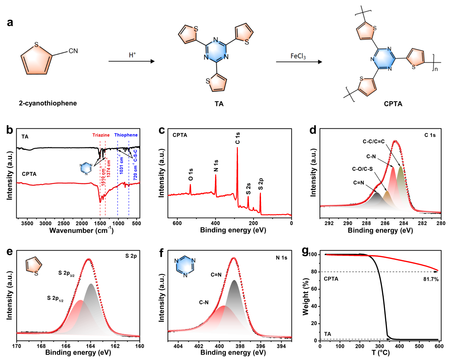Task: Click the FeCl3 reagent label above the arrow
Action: pyautogui.click(x=298, y=56)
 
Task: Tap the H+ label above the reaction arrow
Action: pyautogui.click(x=132, y=55)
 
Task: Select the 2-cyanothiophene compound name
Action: pyautogui.click(x=48, y=103)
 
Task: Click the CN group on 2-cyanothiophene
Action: pyautogui.click(x=73, y=51)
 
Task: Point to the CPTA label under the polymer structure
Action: pyautogui.click(x=393, y=104)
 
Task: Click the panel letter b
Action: pyautogui.click(x=10, y=130)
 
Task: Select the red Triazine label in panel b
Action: pyautogui.click(x=101, y=135)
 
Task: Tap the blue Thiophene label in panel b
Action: pyautogui.click(x=126, y=135)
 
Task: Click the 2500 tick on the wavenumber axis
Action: pyautogui.click(x=63, y=223)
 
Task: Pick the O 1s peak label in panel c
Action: pyautogui.click(x=191, y=174)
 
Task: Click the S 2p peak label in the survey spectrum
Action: pyautogui.click(x=261, y=184)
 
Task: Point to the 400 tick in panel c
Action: pyautogui.click(x=215, y=223)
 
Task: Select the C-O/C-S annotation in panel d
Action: pyautogui.click(x=362, y=169)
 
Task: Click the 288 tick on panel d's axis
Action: pyautogui.click(x=366, y=223)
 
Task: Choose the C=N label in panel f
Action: pyautogui.click(x=216, y=275)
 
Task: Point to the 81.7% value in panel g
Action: pyautogui.click(x=431, y=279)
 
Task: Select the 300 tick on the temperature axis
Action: pyautogui.click(x=379, y=346)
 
